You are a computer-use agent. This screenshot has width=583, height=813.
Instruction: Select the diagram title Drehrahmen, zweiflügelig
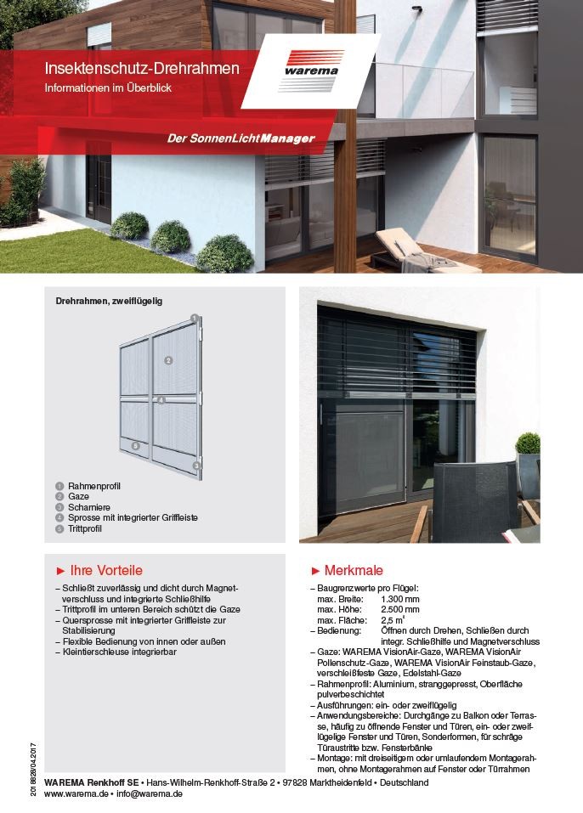point(109,301)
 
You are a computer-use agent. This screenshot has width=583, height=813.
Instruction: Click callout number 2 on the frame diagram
point(169,360)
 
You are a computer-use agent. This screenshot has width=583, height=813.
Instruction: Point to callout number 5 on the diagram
point(135,444)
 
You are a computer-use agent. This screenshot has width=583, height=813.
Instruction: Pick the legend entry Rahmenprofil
point(94,486)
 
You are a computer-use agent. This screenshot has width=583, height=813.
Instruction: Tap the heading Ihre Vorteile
point(105,570)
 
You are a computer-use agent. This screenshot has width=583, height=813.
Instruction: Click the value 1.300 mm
point(400,599)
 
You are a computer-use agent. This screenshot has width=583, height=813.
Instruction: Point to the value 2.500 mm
point(400,609)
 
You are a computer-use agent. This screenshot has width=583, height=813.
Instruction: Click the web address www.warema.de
point(76,793)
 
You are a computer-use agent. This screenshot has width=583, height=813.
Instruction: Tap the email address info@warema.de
point(150,793)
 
